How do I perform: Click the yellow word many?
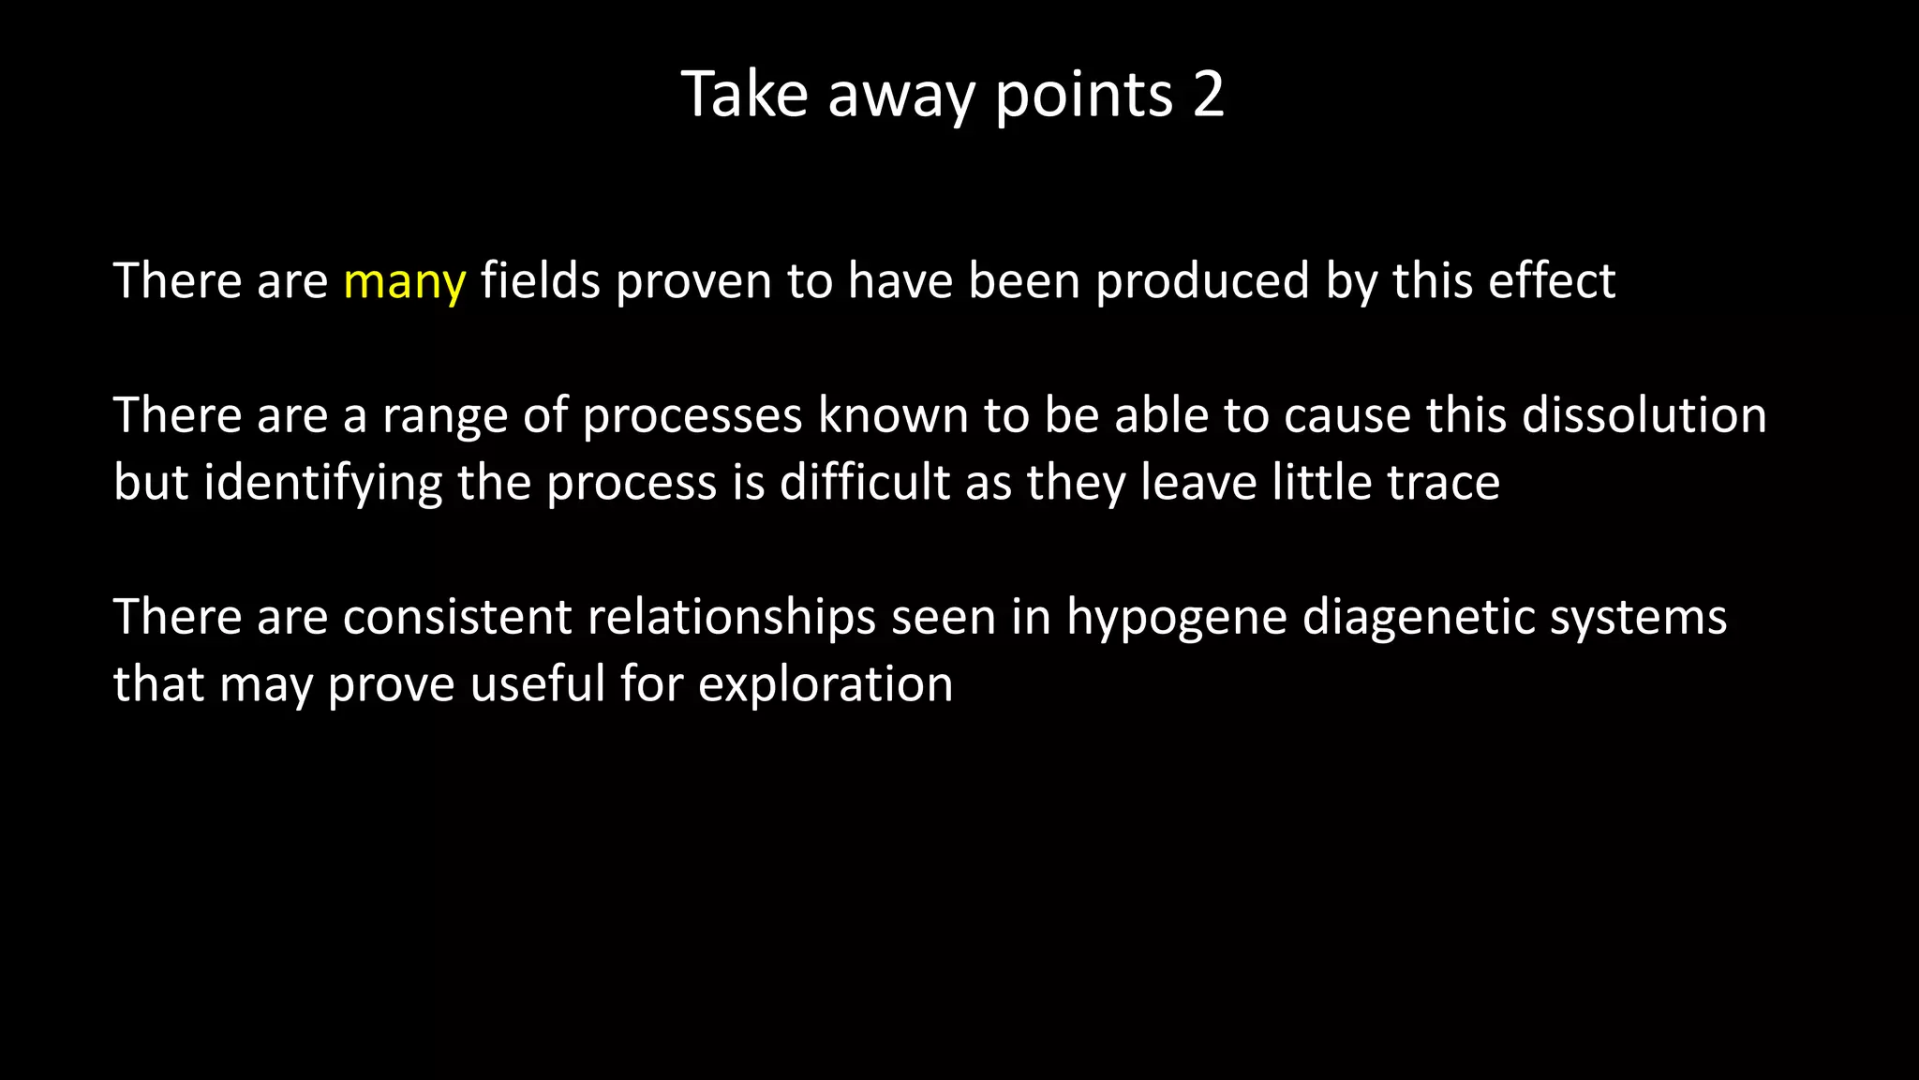coord(404,281)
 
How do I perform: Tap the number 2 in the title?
coord(1208,94)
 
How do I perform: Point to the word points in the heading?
coord(1083,96)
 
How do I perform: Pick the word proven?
coord(693,281)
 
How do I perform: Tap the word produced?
coord(1202,281)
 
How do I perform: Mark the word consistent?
coord(457,617)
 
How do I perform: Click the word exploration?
coord(826,684)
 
